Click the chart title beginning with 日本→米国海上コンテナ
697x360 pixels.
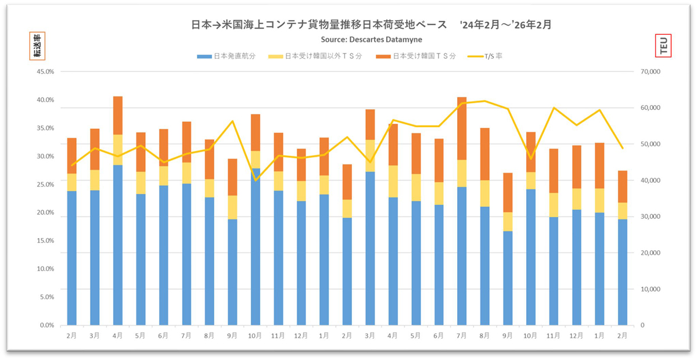click(371, 25)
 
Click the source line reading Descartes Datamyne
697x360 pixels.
click(371, 39)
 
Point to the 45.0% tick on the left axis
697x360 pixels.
click(45, 72)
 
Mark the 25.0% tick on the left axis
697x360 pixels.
click(45, 185)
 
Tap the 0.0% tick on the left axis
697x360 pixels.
click(46, 325)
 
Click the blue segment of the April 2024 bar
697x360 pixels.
click(118, 244)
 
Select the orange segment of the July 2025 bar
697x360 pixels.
click(462, 128)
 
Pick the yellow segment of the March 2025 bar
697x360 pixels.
click(370, 156)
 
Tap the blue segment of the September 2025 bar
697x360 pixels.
click(508, 278)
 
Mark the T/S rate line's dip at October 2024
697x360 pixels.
click(256, 180)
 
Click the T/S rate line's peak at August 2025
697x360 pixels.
click(485, 101)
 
